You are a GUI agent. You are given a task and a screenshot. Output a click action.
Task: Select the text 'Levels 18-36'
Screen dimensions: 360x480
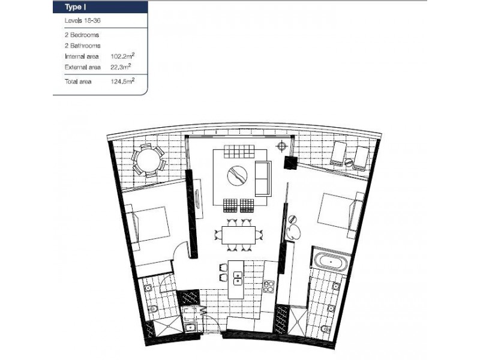click(81, 21)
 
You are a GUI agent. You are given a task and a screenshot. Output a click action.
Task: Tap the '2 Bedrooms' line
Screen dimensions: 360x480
click(82, 35)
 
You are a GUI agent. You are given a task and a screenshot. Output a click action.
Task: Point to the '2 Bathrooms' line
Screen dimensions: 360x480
click(82, 46)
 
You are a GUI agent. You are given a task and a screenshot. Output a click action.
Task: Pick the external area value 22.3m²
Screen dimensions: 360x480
click(121, 67)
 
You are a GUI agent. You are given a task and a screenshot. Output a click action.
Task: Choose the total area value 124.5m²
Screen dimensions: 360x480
click(122, 81)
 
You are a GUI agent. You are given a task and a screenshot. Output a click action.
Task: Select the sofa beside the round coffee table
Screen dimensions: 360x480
click(263, 178)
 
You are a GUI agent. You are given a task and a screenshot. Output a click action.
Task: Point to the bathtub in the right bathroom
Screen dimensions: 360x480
click(329, 262)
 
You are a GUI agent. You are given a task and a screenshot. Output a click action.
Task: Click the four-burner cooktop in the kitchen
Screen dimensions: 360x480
click(268, 286)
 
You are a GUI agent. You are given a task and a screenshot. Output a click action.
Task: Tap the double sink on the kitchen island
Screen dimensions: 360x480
click(238, 278)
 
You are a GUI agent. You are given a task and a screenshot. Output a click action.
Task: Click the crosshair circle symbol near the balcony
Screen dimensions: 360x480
click(281, 147)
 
